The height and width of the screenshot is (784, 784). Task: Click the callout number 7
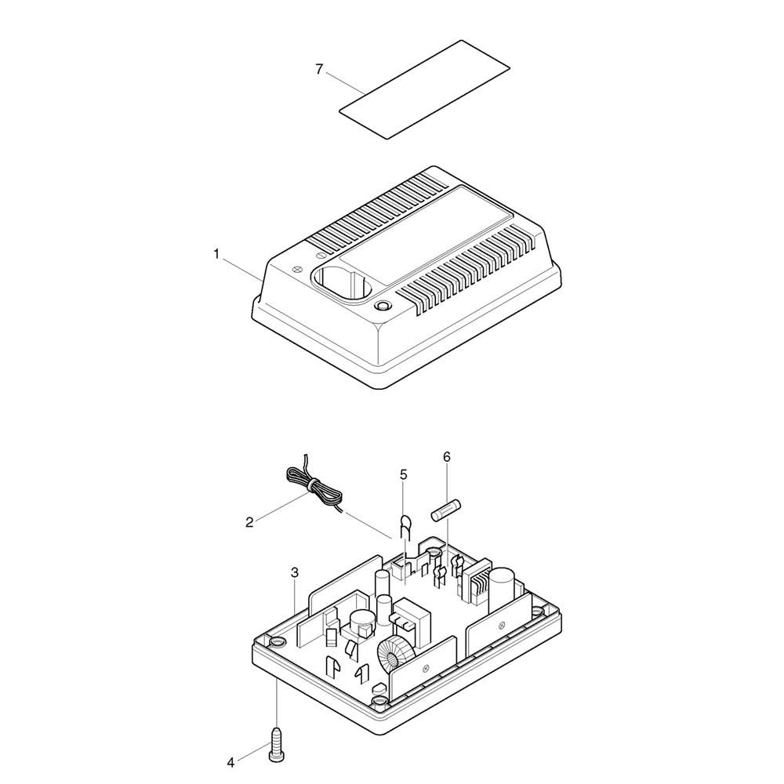(x=320, y=69)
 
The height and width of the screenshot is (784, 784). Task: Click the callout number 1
(x=216, y=255)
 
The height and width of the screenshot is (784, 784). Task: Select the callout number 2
(x=249, y=522)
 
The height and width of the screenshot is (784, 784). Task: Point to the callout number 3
(x=295, y=572)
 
